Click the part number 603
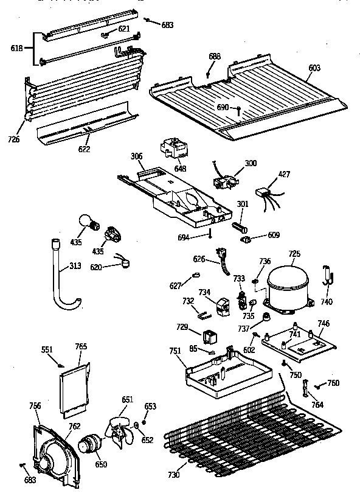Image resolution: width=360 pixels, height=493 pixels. click(314, 68)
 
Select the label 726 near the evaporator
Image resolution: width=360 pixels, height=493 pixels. click(14, 139)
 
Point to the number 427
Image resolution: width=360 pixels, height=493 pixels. click(284, 175)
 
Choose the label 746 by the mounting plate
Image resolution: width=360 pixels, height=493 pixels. click(324, 324)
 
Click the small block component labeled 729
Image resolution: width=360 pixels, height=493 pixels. click(211, 336)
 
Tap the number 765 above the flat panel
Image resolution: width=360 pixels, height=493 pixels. click(80, 346)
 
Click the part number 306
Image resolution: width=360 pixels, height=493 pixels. click(136, 156)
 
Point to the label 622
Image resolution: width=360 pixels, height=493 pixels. click(84, 149)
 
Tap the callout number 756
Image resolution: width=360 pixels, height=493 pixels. click(35, 406)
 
